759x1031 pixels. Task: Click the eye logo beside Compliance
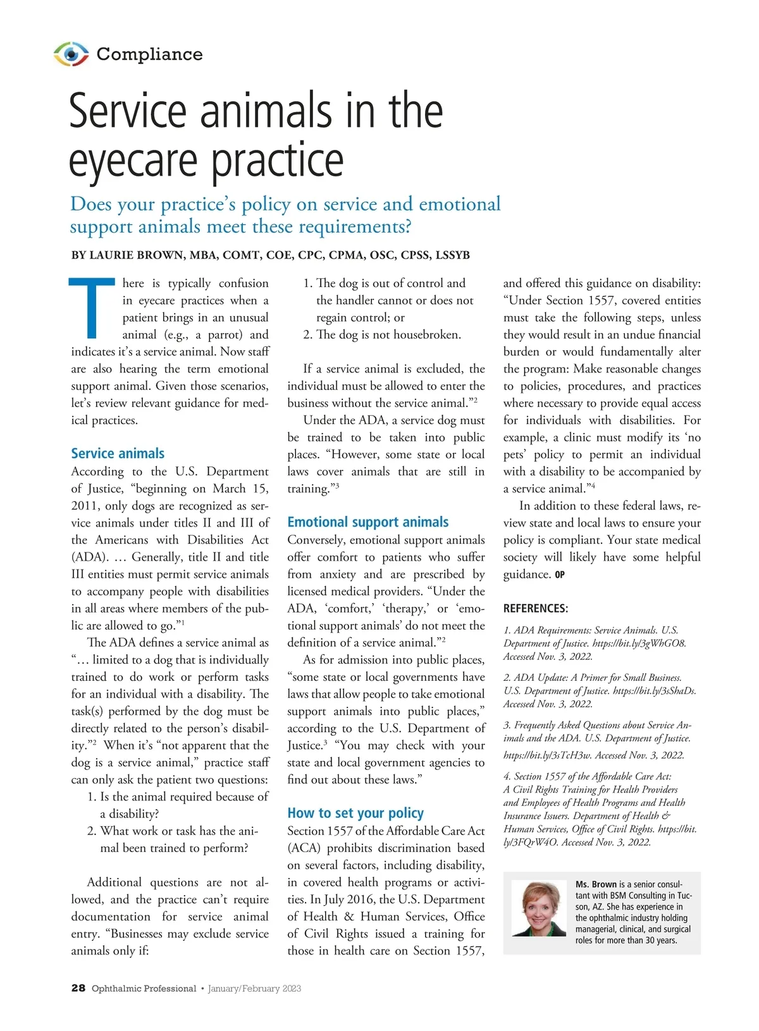(x=71, y=54)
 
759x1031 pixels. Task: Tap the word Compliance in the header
(x=149, y=54)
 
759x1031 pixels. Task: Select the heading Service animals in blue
(x=118, y=453)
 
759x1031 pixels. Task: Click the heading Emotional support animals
(x=367, y=522)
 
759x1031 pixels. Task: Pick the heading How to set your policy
(x=355, y=813)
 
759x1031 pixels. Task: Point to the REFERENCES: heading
(x=536, y=609)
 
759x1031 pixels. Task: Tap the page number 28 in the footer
(x=78, y=989)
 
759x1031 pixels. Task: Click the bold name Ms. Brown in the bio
(x=596, y=884)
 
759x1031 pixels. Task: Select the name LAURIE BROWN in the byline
(x=137, y=255)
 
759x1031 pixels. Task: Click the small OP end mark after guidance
(x=560, y=575)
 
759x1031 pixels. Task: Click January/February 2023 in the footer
(x=254, y=989)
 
